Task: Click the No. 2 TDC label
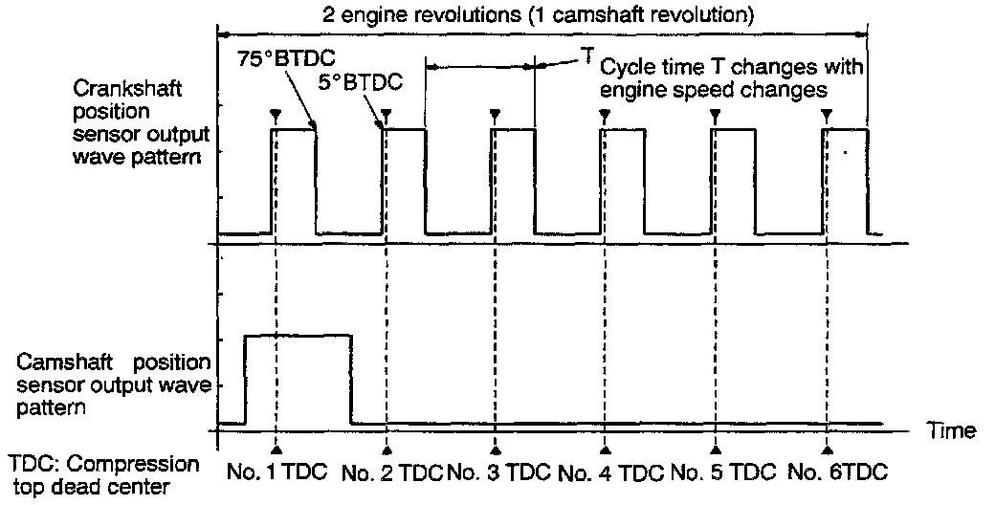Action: (392, 472)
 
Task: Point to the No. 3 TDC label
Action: (500, 472)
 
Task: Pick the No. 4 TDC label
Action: (610, 472)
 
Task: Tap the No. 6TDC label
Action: (838, 472)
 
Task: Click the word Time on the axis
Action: (952, 431)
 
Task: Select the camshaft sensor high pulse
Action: (298, 378)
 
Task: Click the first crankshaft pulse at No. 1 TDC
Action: (295, 182)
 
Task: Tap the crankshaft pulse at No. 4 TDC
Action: (621, 182)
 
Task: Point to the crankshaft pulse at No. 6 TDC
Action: (846, 182)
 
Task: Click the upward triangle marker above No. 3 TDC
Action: (496, 448)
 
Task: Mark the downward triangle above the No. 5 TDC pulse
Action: (715, 115)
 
